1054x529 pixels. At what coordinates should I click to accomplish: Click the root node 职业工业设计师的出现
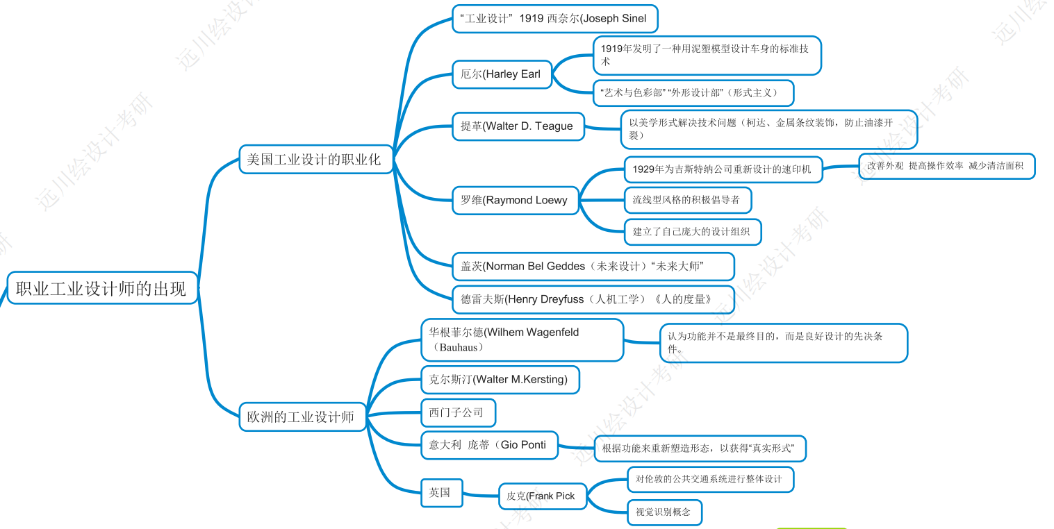coord(102,288)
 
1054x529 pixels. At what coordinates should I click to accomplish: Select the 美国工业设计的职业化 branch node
coord(316,159)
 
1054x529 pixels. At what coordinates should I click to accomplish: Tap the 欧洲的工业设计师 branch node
coord(302,417)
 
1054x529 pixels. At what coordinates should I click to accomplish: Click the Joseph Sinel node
coord(554,19)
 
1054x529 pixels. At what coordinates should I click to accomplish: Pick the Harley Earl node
coord(502,74)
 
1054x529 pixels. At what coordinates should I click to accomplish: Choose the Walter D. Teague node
coord(518,126)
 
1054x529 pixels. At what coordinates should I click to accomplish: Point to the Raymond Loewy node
coord(515,200)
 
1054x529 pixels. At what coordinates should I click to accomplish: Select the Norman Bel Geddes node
coord(593,267)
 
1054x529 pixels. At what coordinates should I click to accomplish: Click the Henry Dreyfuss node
coord(593,299)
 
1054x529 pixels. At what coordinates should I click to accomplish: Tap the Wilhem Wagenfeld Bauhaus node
coord(522,339)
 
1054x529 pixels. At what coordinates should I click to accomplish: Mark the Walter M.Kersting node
coord(500,380)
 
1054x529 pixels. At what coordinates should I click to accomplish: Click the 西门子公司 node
coord(458,412)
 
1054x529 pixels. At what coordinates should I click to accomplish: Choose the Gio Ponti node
coord(489,445)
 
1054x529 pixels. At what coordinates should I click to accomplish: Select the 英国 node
coord(441,493)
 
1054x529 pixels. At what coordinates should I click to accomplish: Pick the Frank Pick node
coord(542,496)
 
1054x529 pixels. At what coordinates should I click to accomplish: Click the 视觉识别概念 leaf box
coord(664,512)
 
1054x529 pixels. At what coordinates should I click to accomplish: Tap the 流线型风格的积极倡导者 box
coord(687,200)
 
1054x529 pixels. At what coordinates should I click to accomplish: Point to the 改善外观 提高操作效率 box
coord(946,166)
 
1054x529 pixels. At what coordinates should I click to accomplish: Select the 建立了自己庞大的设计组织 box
coord(692,232)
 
